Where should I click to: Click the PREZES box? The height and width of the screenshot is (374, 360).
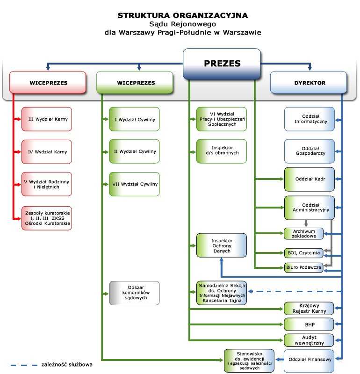coord(222,64)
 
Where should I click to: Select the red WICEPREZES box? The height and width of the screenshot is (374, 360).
coord(48,82)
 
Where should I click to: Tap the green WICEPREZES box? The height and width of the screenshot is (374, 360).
coord(135,82)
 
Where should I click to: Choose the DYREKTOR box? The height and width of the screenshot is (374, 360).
coord(309,82)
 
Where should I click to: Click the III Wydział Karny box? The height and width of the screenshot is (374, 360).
coord(47,119)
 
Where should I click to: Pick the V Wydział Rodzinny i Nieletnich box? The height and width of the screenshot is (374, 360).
coord(47,184)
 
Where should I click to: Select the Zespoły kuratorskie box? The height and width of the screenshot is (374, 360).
coord(47,218)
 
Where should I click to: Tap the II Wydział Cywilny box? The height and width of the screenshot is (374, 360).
coord(135,151)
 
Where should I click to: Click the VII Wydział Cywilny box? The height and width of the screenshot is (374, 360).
coord(135,184)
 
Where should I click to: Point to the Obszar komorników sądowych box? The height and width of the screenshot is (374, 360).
coord(135,293)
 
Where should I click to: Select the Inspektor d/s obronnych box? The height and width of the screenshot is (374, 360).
coord(222,151)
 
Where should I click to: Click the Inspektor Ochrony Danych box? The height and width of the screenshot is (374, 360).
coord(222,245)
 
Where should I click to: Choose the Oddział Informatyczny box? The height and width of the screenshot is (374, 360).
coord(310,119)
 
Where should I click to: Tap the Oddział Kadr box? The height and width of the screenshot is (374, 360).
coord(310,179)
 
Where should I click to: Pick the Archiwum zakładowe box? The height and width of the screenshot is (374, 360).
coord(304,233)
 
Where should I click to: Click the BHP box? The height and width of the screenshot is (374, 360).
coord(309,324)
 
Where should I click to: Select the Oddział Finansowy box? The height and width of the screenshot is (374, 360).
coord(309,360)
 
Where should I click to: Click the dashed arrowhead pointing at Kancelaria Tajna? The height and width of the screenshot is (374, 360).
coord(250,291)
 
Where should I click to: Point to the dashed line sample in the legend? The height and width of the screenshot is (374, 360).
coord(24,365)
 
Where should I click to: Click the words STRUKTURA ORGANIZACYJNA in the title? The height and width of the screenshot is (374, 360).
coord(183,15)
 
